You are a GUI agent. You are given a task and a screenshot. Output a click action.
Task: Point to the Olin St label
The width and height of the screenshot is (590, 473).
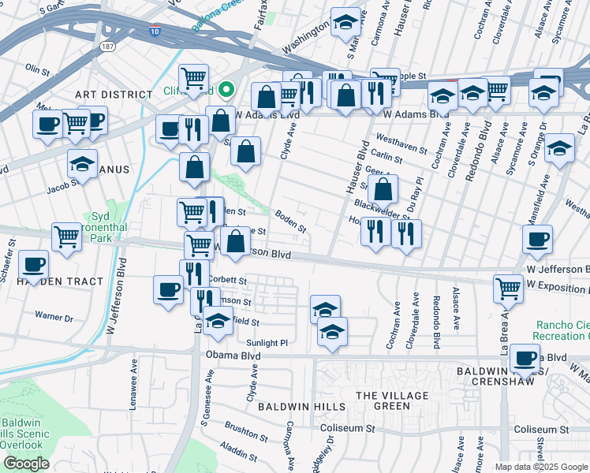click(37, 69)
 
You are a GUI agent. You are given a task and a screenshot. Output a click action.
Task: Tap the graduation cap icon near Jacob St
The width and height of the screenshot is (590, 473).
click(82, 163)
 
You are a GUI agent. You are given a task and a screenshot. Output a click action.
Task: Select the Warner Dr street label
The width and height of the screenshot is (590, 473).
click(54, 318)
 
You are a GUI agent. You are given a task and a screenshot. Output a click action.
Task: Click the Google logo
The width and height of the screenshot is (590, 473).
click(26, 464)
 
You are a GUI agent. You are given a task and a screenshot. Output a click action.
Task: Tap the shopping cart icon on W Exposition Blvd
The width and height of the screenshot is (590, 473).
click(509, 289)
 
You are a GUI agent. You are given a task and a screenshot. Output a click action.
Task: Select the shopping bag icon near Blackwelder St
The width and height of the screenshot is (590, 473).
click(383, 189)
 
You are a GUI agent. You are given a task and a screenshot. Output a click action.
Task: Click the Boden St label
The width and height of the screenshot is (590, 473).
click(290, 220)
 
